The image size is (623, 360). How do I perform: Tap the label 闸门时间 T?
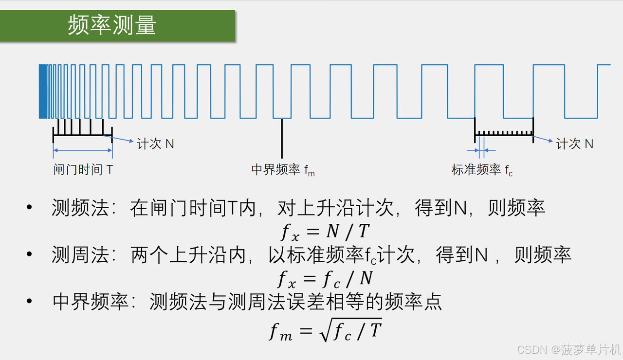tap(83, 170)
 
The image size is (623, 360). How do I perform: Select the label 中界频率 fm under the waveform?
tap(283, 170)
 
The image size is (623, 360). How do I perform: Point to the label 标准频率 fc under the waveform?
tap(482, 170)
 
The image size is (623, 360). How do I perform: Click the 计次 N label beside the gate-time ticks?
tap(155, 144)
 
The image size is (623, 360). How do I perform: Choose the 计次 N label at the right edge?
tap(575, 144)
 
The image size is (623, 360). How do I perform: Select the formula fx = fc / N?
tap(325, 279)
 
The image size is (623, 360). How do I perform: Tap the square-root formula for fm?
tap(325, 331)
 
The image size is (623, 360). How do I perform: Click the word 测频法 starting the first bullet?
tap(80, 208)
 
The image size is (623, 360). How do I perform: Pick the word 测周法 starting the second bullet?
tap(80, 255)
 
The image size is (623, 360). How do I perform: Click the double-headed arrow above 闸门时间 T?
tap(83, 150)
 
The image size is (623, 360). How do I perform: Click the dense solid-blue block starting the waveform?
tap(43, 91)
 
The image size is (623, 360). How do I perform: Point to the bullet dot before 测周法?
tap(30, 254)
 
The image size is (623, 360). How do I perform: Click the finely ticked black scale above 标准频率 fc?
tap(504, 132)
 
